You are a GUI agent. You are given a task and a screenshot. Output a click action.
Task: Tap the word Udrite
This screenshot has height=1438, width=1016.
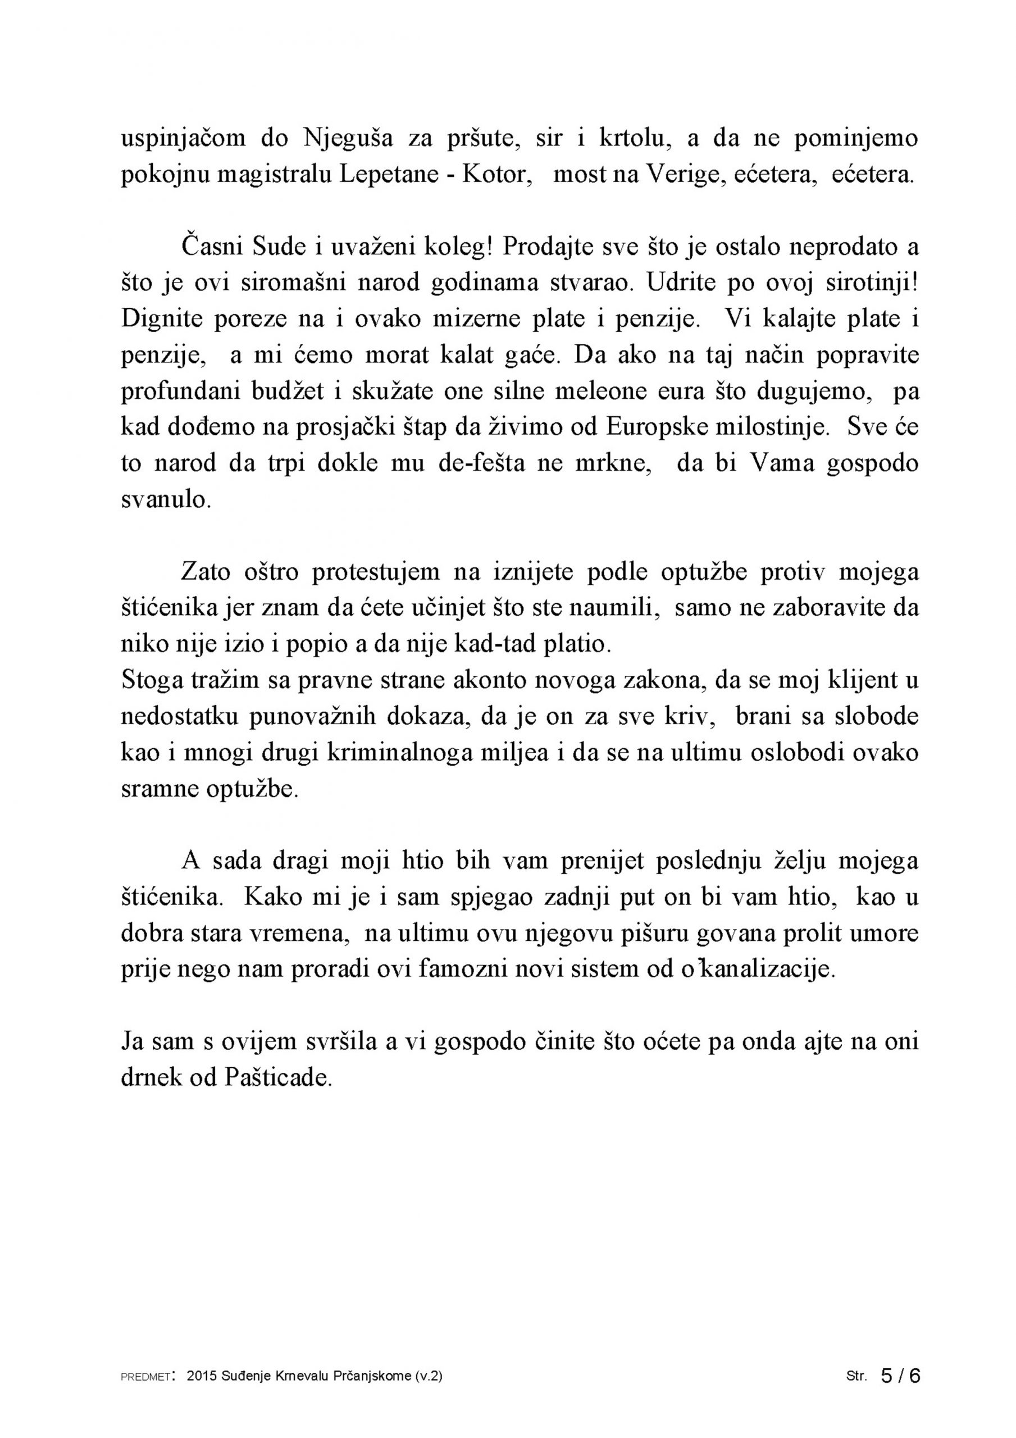pos(680,283)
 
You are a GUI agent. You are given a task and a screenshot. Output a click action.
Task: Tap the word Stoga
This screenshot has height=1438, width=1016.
pos(149,681)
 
